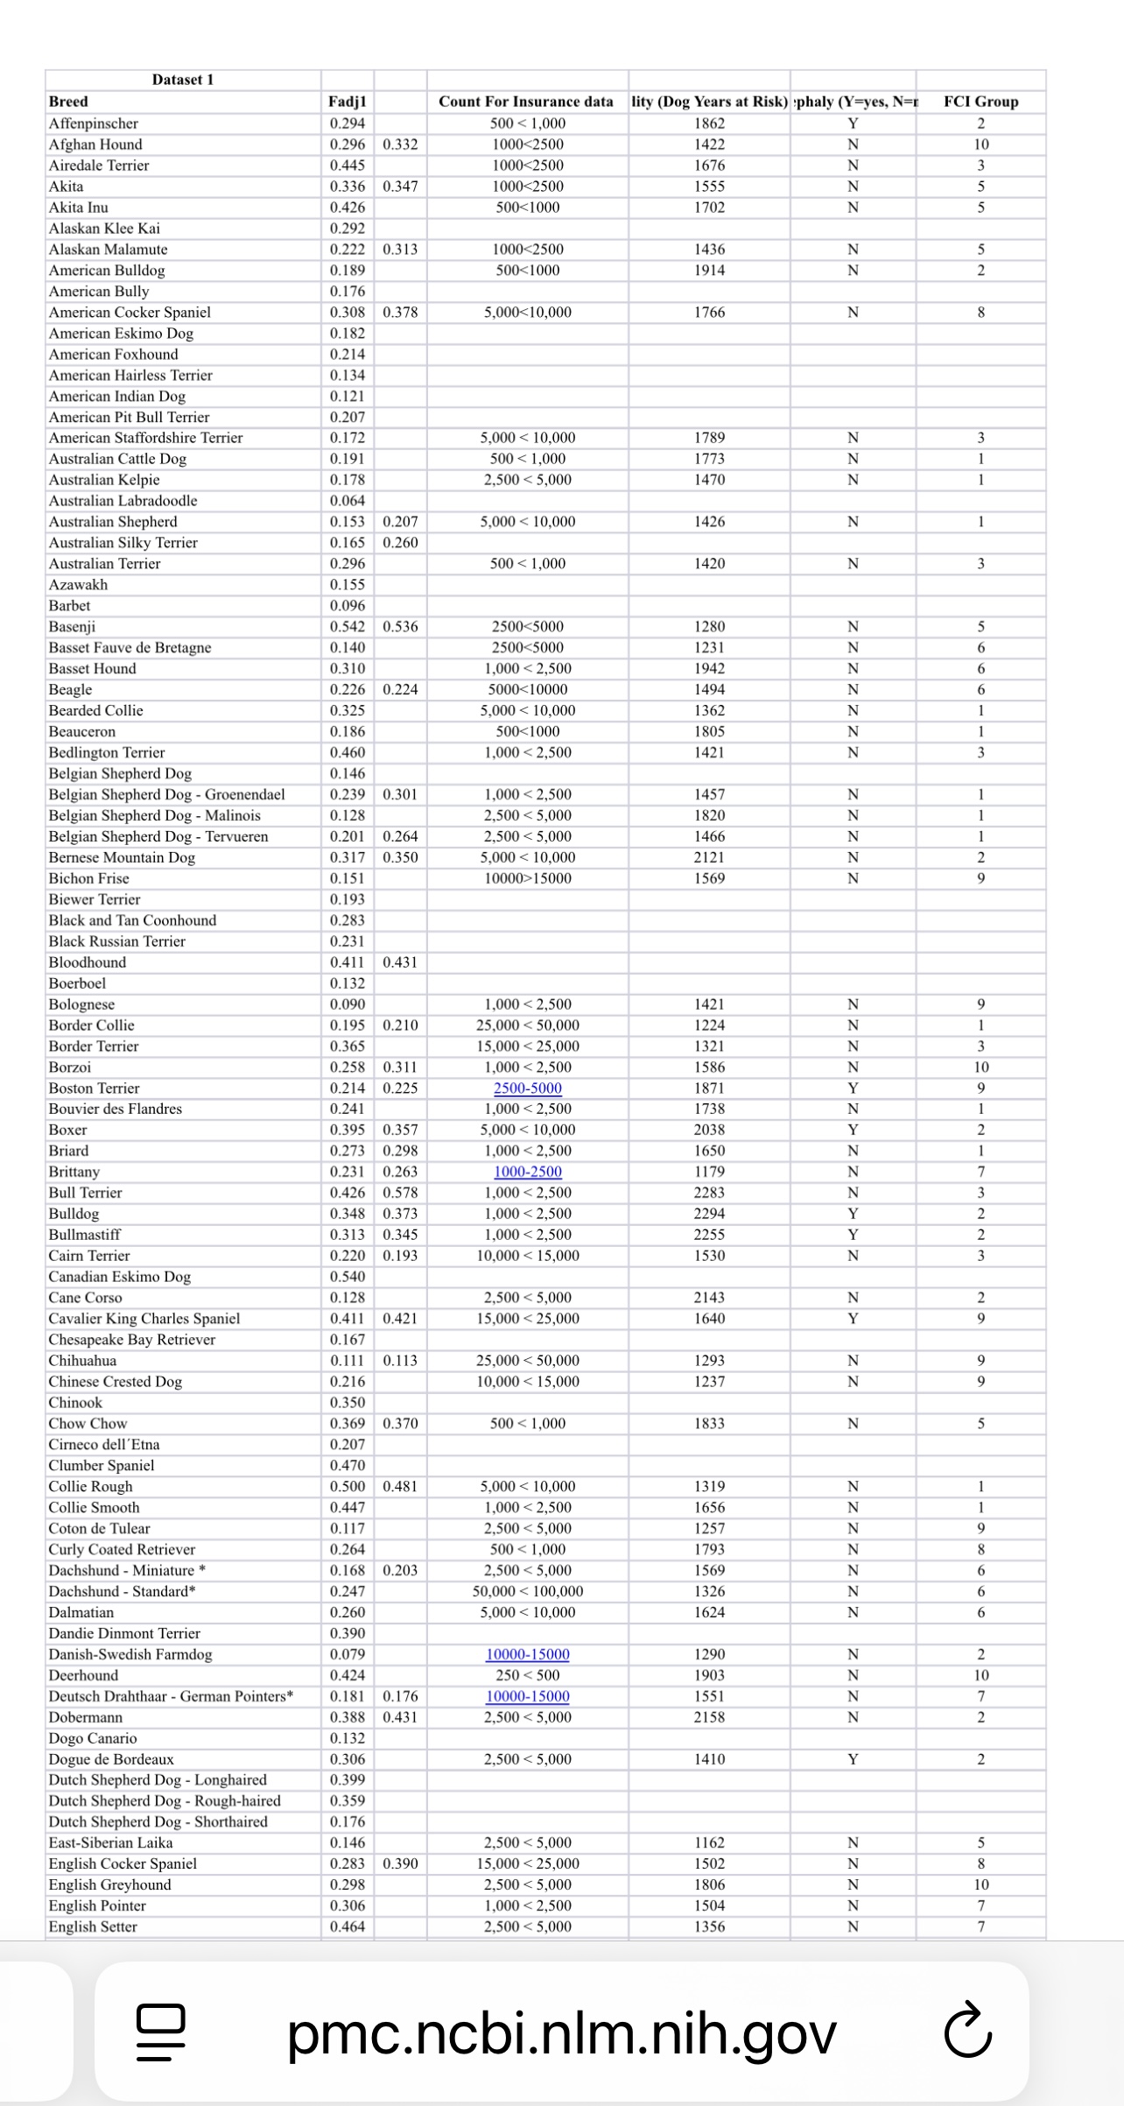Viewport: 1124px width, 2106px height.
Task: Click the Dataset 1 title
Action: click(x=182, y=80)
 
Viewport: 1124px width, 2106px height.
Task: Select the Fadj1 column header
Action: click(x=347, y=102)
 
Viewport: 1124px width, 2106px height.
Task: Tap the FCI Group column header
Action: click(x=980, y=102)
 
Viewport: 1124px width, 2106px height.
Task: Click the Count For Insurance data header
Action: click(x=526, y=102)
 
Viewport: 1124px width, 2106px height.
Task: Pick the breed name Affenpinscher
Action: click(x=94, y=123)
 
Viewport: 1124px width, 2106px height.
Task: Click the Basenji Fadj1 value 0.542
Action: click(x=348, y=627)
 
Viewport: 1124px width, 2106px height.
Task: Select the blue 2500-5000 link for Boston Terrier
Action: click(x=528, y=1088)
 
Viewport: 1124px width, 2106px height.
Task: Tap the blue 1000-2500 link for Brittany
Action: click(x=528, y=1172)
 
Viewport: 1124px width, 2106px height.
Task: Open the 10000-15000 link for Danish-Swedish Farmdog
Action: click(x=528, y=1654)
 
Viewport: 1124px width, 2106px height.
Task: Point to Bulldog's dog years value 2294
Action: click(x=709, y=1214)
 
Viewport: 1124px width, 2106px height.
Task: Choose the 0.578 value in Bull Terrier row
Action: click(x=400, y=1193)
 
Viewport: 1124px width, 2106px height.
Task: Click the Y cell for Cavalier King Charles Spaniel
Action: click(x=853, y=1319)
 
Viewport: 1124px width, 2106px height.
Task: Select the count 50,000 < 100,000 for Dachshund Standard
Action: click(x=528, y=1591)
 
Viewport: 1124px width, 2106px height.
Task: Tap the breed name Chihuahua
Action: click(x=82, y=1361)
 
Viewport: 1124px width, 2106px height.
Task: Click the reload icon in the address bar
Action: click(x=968, y=2033)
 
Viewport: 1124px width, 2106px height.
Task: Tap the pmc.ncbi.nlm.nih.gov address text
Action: click(x=562, y=2033)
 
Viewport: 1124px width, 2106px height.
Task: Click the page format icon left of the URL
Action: click(x=161, y=2033)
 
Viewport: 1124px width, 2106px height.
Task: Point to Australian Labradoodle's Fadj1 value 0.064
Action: click(x=348, y=501)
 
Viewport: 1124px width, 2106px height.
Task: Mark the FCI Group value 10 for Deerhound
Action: click(x=980, y=1675)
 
